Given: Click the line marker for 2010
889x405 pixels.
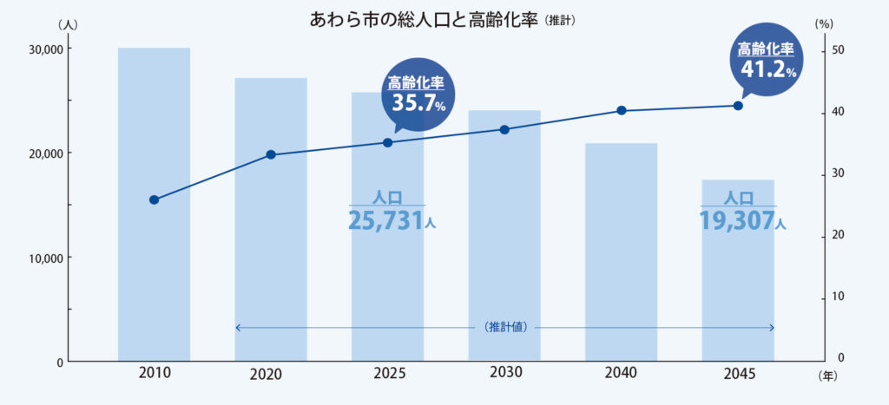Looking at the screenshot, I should (x=154, y=199).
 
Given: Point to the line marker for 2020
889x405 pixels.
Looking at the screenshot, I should (x=270, y=154).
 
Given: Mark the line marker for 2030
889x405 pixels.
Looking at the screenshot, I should (x=504, y=129).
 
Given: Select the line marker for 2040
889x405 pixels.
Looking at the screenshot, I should (x=621, y=110).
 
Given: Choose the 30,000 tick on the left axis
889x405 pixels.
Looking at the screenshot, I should (x=43, y=49).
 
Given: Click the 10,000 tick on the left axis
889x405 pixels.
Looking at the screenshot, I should (x=43, y=258).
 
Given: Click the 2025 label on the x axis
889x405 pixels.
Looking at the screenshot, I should (x=387, y=374).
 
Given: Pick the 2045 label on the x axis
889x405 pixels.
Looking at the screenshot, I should (x=738, y=374).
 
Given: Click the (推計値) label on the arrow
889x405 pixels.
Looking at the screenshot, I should (x=504, y=327).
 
